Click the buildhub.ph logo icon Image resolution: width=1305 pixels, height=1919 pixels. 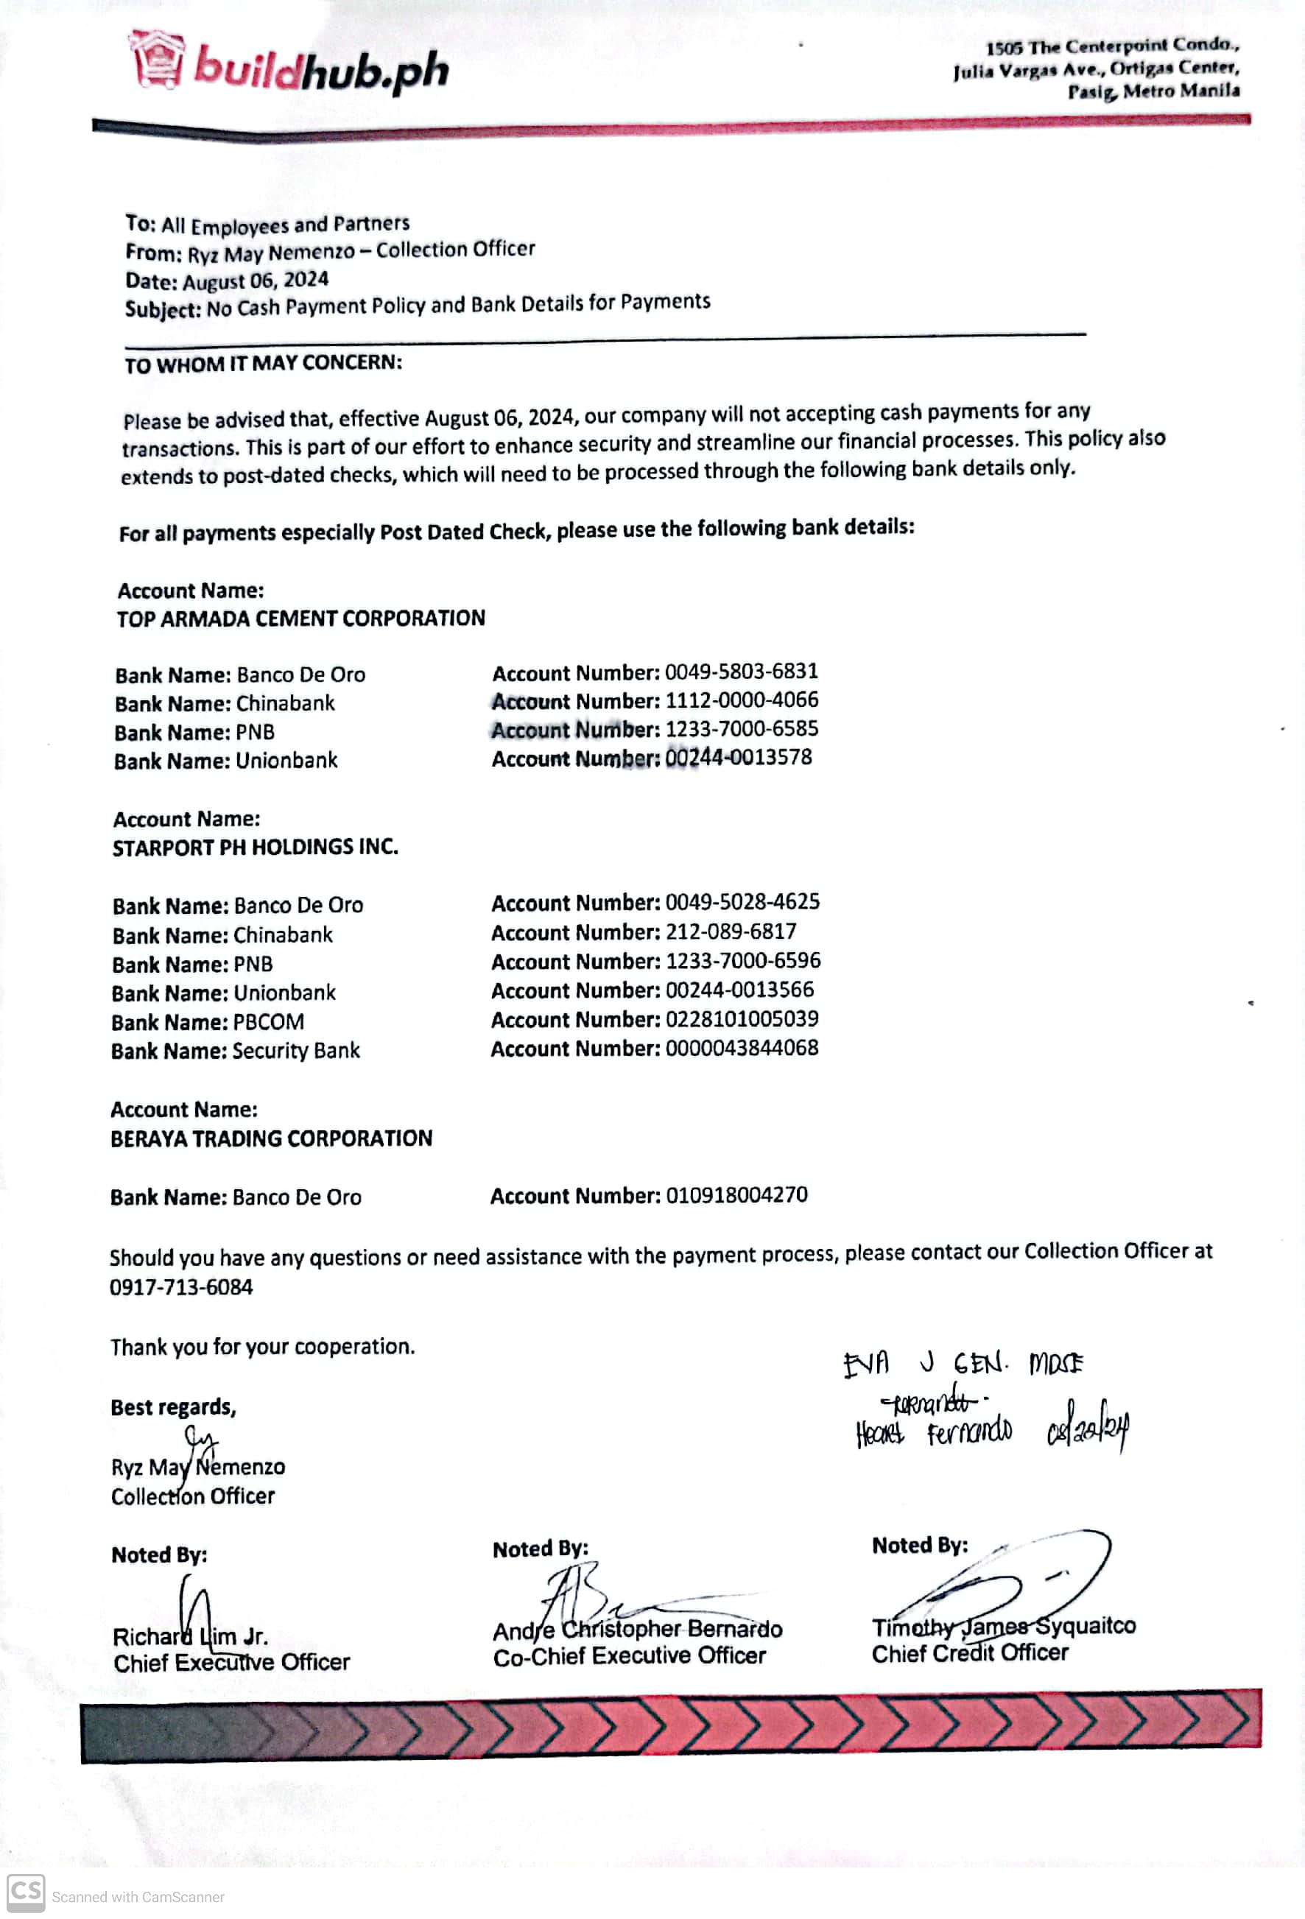coord(156,59)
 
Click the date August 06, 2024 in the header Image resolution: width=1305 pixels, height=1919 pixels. coord(256,281)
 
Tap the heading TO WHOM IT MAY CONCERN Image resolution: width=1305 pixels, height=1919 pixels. coord(263,363)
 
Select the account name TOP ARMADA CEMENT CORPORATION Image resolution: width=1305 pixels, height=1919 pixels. coord(300,619)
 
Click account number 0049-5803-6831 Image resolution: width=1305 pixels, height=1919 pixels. coord(741,672)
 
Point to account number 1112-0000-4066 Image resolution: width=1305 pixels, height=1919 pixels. coord(741,700)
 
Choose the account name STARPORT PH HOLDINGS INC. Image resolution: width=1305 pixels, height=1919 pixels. coord(256,847)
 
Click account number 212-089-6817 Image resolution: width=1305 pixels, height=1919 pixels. coord(730,932)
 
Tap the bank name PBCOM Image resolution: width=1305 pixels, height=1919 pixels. coord(268,1022)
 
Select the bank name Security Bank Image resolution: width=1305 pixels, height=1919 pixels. coord(296,1050)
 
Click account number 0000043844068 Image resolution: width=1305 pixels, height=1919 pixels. coord(741,1048)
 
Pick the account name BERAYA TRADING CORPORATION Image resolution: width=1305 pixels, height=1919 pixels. coord(271,1138)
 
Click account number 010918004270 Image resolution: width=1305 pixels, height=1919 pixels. coord(736,1195)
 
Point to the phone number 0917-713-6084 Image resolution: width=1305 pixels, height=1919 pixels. coord(181,1287)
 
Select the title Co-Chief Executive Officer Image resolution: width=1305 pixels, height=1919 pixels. coord(630,1655)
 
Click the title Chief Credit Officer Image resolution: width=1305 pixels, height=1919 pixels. coord(970,1653)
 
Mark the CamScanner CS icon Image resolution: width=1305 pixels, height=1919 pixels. coord(26,1893)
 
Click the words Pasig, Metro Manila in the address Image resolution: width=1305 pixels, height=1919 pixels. coord(1153,91)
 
